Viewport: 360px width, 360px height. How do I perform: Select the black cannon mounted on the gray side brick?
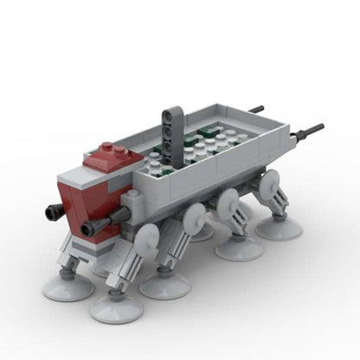[95, 228]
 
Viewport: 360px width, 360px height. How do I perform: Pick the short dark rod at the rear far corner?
[255, 110]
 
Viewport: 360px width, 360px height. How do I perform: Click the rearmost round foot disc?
[279, 228]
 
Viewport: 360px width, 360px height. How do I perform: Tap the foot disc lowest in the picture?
[116, 307]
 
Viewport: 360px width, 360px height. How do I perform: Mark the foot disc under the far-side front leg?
[67, 287]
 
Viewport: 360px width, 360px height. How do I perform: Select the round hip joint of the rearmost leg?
[271, 182]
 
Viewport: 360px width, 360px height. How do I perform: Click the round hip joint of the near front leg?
[147, 236]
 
